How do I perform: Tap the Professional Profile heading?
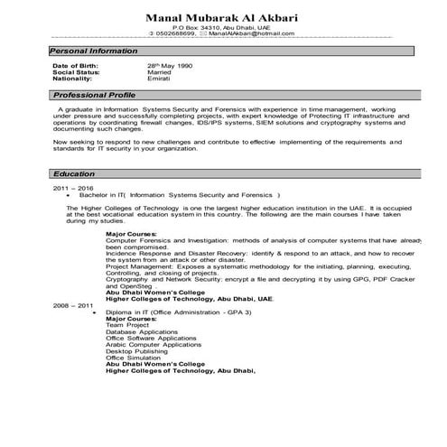click(94, 95)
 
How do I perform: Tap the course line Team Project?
click(127, 325)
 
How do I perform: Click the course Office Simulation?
click(135, 357)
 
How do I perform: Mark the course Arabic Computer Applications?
click(154, 344)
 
